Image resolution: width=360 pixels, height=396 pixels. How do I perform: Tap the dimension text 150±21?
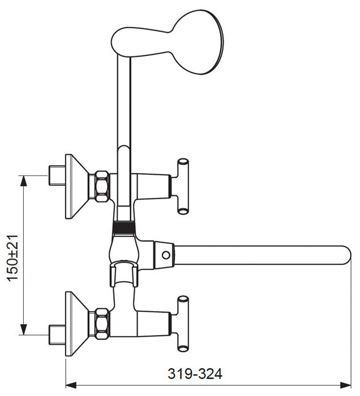pos(12,258)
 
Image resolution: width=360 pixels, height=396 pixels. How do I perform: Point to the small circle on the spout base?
pos(166,255)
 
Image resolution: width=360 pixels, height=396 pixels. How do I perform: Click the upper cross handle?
pos(183,186)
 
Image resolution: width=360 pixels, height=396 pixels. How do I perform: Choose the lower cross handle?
pos(183,324)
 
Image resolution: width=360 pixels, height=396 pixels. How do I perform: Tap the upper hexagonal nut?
pos(102,186)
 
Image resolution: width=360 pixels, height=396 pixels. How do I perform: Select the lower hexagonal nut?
pos(102,324)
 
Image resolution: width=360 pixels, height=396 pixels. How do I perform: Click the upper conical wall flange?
pos(76,186)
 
